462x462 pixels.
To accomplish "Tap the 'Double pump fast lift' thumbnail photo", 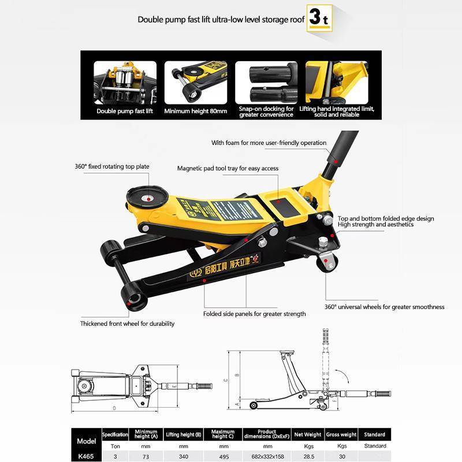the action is coord(124,81).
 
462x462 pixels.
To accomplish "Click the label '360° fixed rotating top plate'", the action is coord(112,167).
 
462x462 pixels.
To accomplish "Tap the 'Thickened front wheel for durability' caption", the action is coord(127,324).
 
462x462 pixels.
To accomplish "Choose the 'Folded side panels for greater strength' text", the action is coord(254,314).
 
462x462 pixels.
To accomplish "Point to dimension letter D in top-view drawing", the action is coord(114,408).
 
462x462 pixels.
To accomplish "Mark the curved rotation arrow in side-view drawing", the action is coord(344,377).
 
